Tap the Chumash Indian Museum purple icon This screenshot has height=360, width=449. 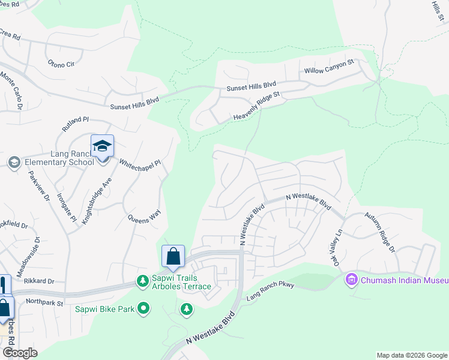pyautogui.click(x=351, y=280)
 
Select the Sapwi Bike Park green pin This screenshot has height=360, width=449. pyautogui.click(x=143, y=309)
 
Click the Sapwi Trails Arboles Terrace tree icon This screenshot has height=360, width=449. pyautogui.click(x=143, y=280)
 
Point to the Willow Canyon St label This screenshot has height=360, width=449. pyautogui.click(x=330, y=67)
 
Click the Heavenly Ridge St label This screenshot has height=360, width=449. pyautogui.click(x=257, y=108)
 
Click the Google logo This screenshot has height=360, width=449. pyautogui.click(x=20, y=353)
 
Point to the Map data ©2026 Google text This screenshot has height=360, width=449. pyautogui.click(x=412, y=355)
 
